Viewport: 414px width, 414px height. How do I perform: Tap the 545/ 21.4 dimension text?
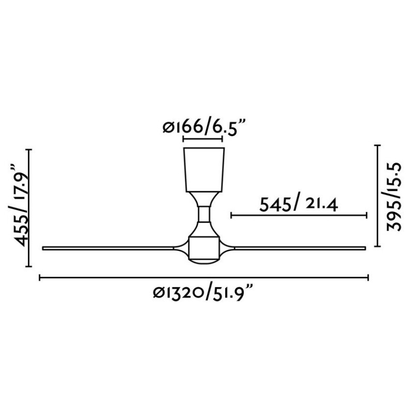(299, 204)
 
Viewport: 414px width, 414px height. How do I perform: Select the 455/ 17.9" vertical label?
(21, 206)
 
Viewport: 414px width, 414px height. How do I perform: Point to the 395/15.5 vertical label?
(393, 197)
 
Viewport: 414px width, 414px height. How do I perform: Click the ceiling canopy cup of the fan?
(204, 170)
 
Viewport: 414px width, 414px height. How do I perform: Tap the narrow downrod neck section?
(204, 214)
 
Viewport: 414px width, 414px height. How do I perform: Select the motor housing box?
(203, 248)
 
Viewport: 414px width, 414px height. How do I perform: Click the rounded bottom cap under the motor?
(203, 262)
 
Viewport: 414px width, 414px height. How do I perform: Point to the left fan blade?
(108, 248)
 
